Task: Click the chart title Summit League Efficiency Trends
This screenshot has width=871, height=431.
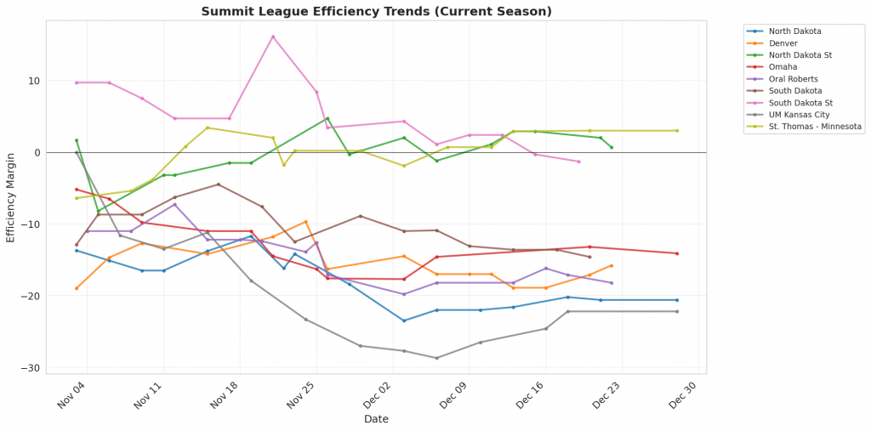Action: (x=376, y=11)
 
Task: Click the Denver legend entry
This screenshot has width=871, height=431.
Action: (x=783, y=43)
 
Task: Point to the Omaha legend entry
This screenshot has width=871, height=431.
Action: (x=783, y=67)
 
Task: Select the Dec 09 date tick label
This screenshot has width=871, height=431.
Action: (x=458, y=394)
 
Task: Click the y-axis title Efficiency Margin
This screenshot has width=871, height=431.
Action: (x=11, y=197)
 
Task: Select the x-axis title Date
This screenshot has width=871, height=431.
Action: (x=376, y=419)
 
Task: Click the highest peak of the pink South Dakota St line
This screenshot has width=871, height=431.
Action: (x=273, y=37)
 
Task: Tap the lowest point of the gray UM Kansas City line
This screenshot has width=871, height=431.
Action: (x=437, y=358)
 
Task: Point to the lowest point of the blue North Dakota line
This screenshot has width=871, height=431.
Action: (x=404, y=320)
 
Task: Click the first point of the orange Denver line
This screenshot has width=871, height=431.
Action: (x=77, y=288)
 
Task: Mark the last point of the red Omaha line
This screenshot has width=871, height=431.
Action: (x=677, y=253)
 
